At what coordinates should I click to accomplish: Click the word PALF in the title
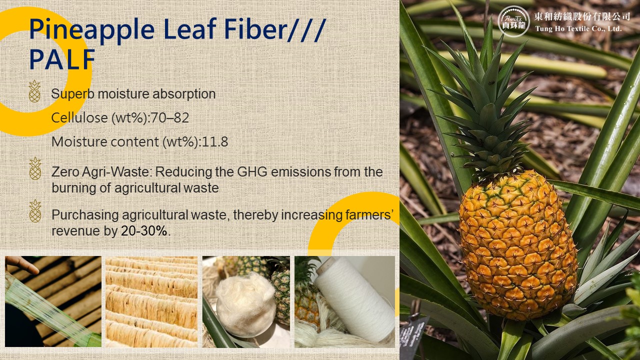62,59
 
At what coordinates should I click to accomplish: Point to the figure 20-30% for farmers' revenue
144,231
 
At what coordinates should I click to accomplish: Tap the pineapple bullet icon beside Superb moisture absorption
34,91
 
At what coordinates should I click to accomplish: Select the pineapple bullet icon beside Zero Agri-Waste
35,168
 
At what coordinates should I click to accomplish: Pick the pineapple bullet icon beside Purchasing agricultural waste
35,211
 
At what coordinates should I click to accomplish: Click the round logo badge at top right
513,21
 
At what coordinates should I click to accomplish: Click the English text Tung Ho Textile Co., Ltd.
578,29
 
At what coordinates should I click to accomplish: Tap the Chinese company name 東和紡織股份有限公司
582,16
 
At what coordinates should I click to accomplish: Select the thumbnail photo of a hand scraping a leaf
53,301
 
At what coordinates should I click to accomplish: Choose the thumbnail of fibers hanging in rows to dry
151,301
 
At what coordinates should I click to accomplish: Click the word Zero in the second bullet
64,172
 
